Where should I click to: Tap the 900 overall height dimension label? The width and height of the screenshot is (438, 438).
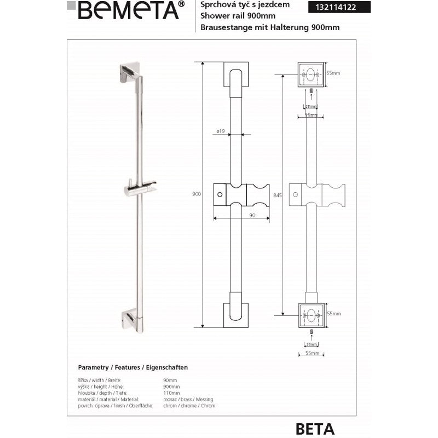tap(197, 194)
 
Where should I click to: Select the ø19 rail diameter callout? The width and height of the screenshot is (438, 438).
tap(221, 131)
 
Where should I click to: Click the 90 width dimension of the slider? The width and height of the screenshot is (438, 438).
tap(252, 216)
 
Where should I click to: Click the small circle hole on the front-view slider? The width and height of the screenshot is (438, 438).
tap(221, 194)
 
